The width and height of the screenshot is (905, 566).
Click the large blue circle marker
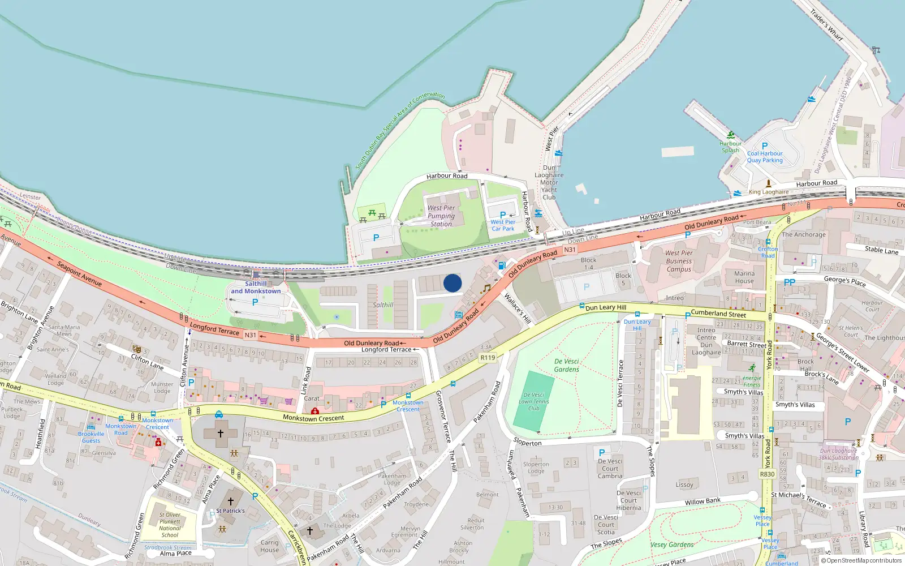[x=453, y=283]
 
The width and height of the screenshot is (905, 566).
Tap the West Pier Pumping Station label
[x=441, y=216]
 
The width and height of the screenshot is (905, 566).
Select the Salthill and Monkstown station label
[x=256, y=288]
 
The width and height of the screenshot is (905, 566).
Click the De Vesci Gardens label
[x=566, y=365]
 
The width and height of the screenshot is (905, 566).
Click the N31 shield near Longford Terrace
[x=250, y=335]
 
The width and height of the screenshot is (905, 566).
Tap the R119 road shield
[x=488, y=358]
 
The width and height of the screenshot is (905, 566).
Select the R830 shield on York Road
[x=767, y=474]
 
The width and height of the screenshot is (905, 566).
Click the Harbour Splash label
[x=730, y=147]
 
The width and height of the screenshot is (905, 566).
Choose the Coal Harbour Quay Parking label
[x=765, y=157]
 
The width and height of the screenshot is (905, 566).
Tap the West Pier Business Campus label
[x=679, y=261]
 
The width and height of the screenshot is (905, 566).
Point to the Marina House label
[x=744, y=277]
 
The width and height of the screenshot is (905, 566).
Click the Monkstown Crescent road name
[x=313, y=418]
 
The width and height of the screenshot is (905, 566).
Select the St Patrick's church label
[x=230, y=511]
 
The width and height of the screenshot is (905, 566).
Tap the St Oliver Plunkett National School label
[x=170, y=525]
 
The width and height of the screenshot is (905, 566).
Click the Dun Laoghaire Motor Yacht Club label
[x=549, y=182]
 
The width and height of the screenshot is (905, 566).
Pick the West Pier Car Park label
[x=503, y=225]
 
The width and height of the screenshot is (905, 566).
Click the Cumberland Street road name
[x=718, y=313]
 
